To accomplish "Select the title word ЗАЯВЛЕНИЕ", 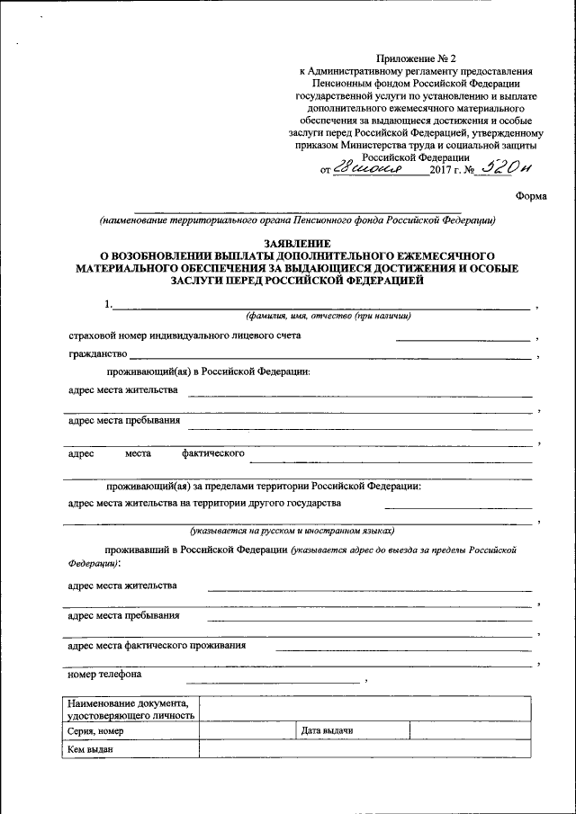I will pyautogui.click(x=296, y=244).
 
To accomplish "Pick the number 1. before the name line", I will pyautogui.click(x=109, y=304).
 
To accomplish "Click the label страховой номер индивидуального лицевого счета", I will pyautogui.click(x=184, y=335).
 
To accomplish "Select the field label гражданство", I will pyautogui.click(x=97, y=355).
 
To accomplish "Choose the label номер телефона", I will pyautogui.click(x=104, y=674).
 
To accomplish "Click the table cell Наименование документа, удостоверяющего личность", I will pyautogui.click(x=127, y=709).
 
